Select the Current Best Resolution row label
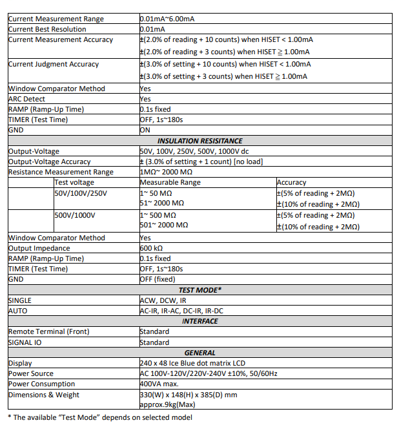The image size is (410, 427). (46, 29)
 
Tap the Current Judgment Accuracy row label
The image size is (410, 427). (54, 64)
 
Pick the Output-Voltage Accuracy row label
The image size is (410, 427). (50, 161)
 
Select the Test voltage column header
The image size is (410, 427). (74, 182)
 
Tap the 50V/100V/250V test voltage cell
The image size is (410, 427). (81, 193)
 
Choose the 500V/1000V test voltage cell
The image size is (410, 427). (75, 215)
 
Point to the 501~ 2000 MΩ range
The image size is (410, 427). (164, 226)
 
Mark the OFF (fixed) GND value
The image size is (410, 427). (157, 279)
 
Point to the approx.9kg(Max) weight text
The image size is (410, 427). (168, 404)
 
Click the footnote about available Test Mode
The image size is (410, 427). (100, 417)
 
